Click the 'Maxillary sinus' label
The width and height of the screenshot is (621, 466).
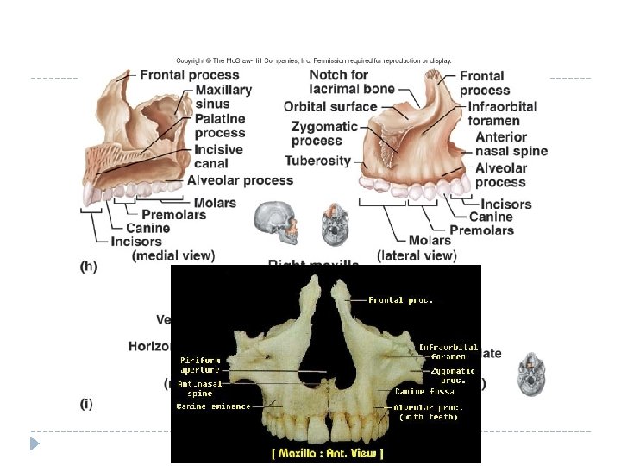pos(223,97)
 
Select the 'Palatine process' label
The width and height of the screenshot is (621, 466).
pos(220,126)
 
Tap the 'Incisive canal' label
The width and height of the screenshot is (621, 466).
pos(218,156)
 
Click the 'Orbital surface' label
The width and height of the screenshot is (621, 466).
pos(330,107)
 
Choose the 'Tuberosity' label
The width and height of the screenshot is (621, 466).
pos(317,161)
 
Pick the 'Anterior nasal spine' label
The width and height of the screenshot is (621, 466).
pos(511,144)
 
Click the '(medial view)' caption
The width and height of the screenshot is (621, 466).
pos(173,255)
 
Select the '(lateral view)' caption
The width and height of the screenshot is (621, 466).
pos(417,255)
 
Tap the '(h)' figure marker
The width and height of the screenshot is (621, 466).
pos(88,268)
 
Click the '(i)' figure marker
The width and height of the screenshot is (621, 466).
pos(87,402)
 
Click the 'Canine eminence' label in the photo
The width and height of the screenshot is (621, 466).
pos(213,406)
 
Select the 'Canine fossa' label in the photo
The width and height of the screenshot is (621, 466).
pos(423,392)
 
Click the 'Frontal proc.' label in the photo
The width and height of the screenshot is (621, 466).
pos(400,300)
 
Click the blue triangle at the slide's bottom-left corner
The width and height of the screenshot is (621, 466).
pos(34,444)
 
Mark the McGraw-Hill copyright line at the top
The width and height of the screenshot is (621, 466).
pos(313,60)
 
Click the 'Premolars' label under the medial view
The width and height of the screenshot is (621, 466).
pos(173,215)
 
